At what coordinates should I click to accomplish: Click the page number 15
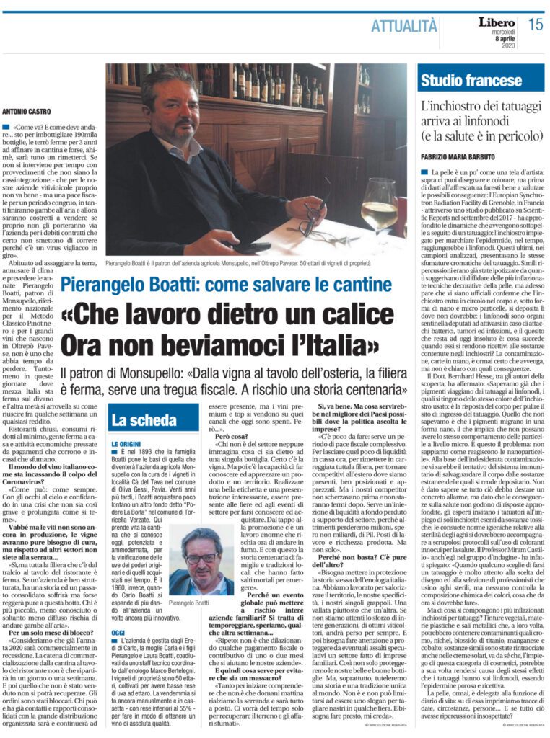(x=535, y=25)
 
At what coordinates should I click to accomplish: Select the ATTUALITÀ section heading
(x=403, y=27)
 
